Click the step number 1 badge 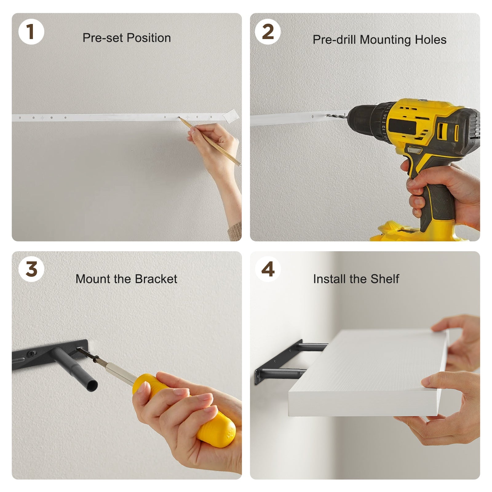(x=31, y=31)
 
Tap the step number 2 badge (x=268, y=31)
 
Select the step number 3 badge (x=31, y=269)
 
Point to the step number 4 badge (x=268, y=269)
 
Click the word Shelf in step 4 (x=385, y=279)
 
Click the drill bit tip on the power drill (x=327, y=115)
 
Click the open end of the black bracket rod (x=91, y=385)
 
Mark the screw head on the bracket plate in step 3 (x=31, y=354)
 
